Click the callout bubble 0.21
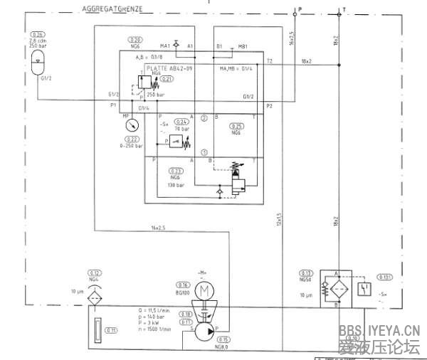click(x=167, y=78)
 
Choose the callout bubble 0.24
click(x=182, y=122)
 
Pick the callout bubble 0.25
click(x=237, y=125)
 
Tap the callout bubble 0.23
click(x=175, y=170)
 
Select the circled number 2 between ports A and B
click(x=204, y=117)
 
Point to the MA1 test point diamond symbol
click(x=176, y=44)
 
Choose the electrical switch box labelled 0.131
click(x=365, y=287)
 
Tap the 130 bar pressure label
click(x=176, y=185)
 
